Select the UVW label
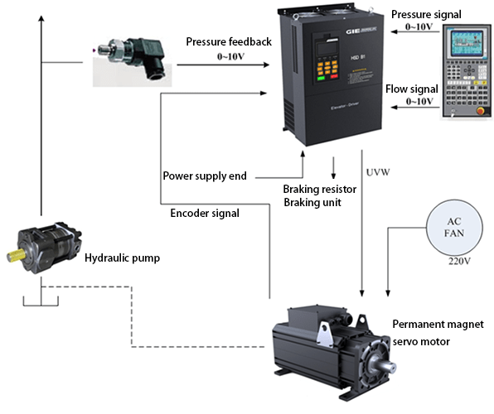tap(376, 173)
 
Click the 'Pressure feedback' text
tap(229, 42)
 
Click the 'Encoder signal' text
tap(205, 213)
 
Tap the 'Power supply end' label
tap(204, 176)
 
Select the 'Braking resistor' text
tap(319, 189)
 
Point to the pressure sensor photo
tap(129, 60)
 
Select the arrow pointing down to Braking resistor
tap(333, 169)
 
